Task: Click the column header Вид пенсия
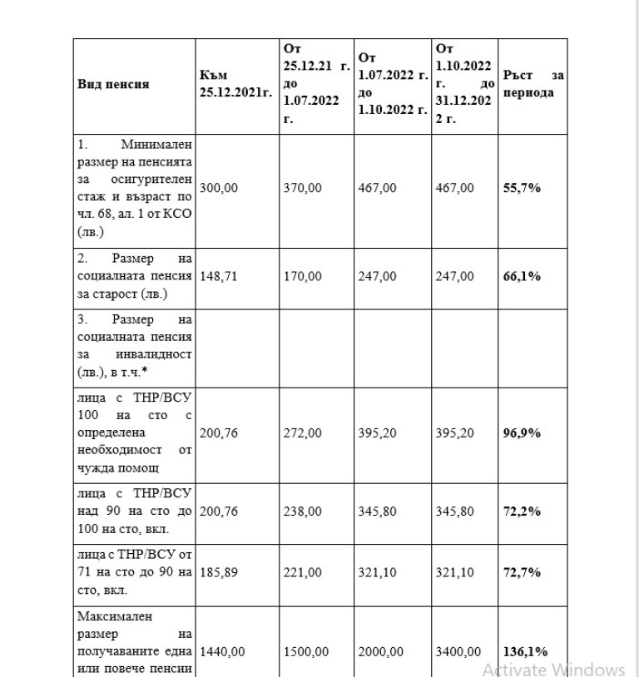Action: [114, 85]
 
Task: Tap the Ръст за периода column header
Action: [533, 85]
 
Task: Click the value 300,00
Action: [218, 188]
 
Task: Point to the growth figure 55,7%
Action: [522, 188]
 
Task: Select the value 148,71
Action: [218, 276]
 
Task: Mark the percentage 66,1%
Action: [522, 276]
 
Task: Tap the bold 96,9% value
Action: [522, 432]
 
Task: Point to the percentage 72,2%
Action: [522, 511]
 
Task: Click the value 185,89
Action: [218, 573]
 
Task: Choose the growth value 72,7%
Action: [522, 573]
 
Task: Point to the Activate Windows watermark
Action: [553, 670]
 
